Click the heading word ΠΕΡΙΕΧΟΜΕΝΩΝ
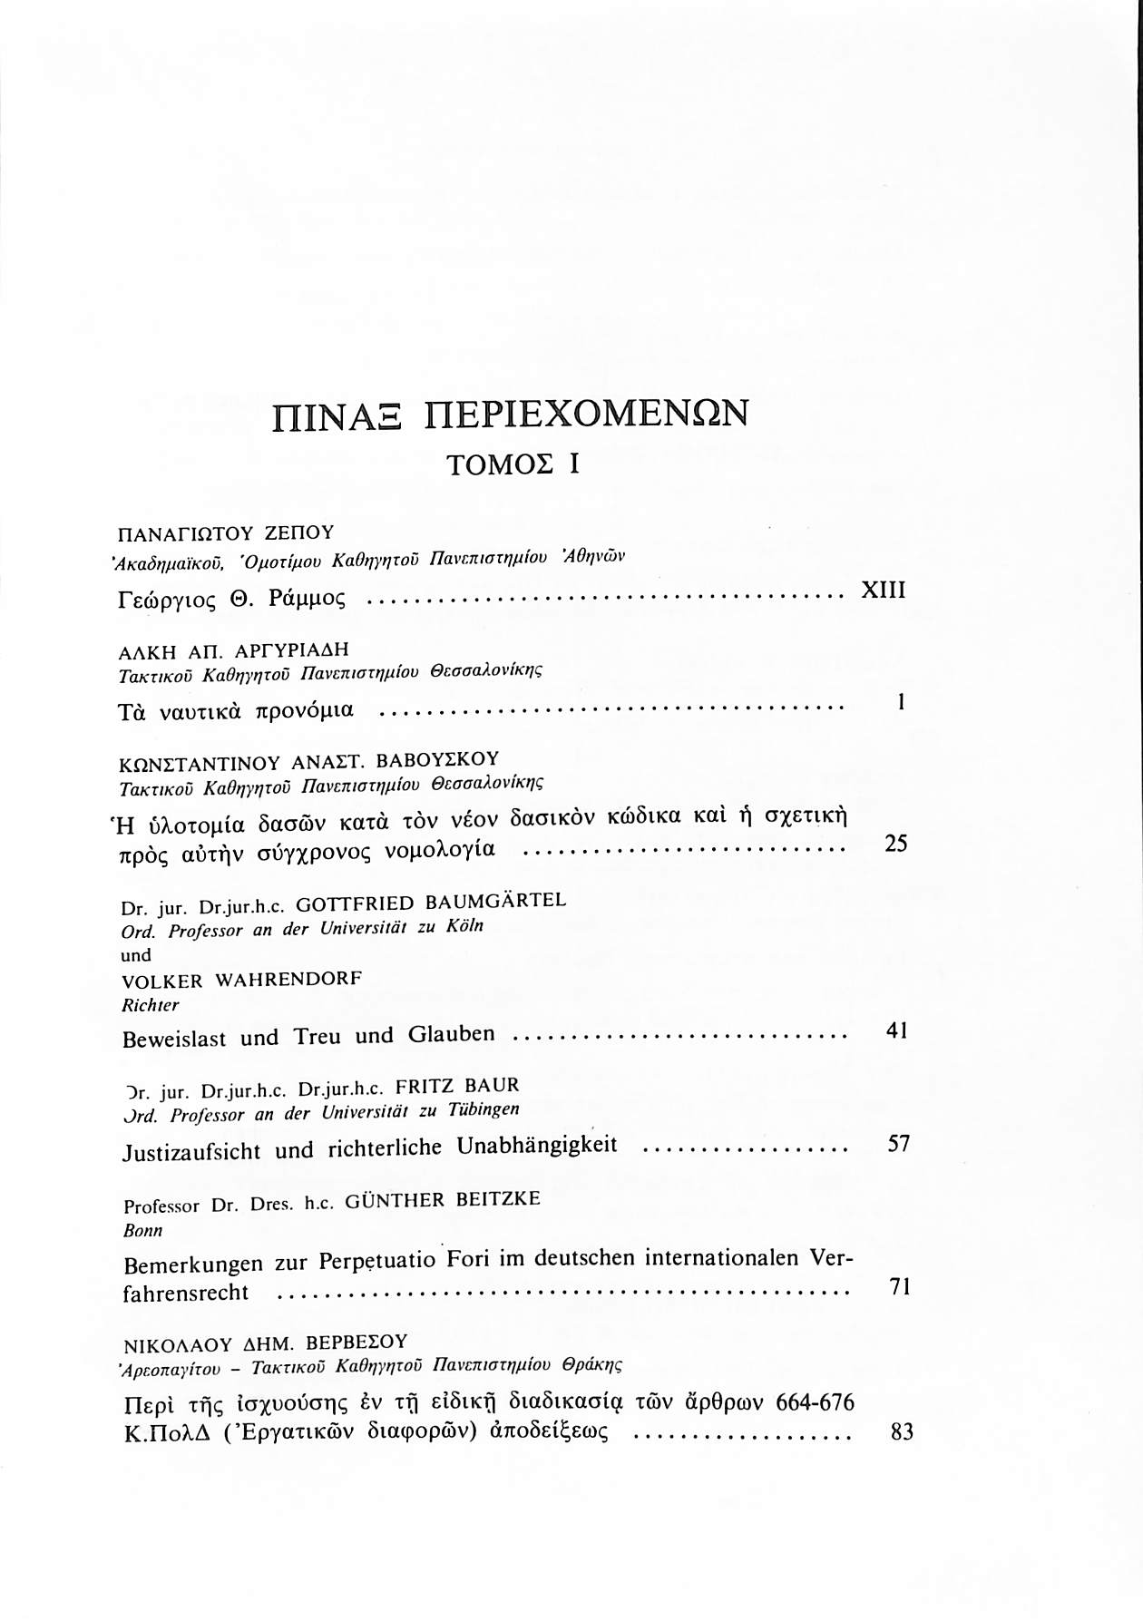point(588,414)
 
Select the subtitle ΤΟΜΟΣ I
point(513,464)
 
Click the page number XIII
point(883,591)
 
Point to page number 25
point(895,844)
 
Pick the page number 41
point(896,1030)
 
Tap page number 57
point(897,1143)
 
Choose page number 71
point(898,1287)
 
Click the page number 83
point(901,1432)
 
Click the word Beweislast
point(174,1039)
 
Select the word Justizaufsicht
point(191,1151)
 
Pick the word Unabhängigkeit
point(537,1146)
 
